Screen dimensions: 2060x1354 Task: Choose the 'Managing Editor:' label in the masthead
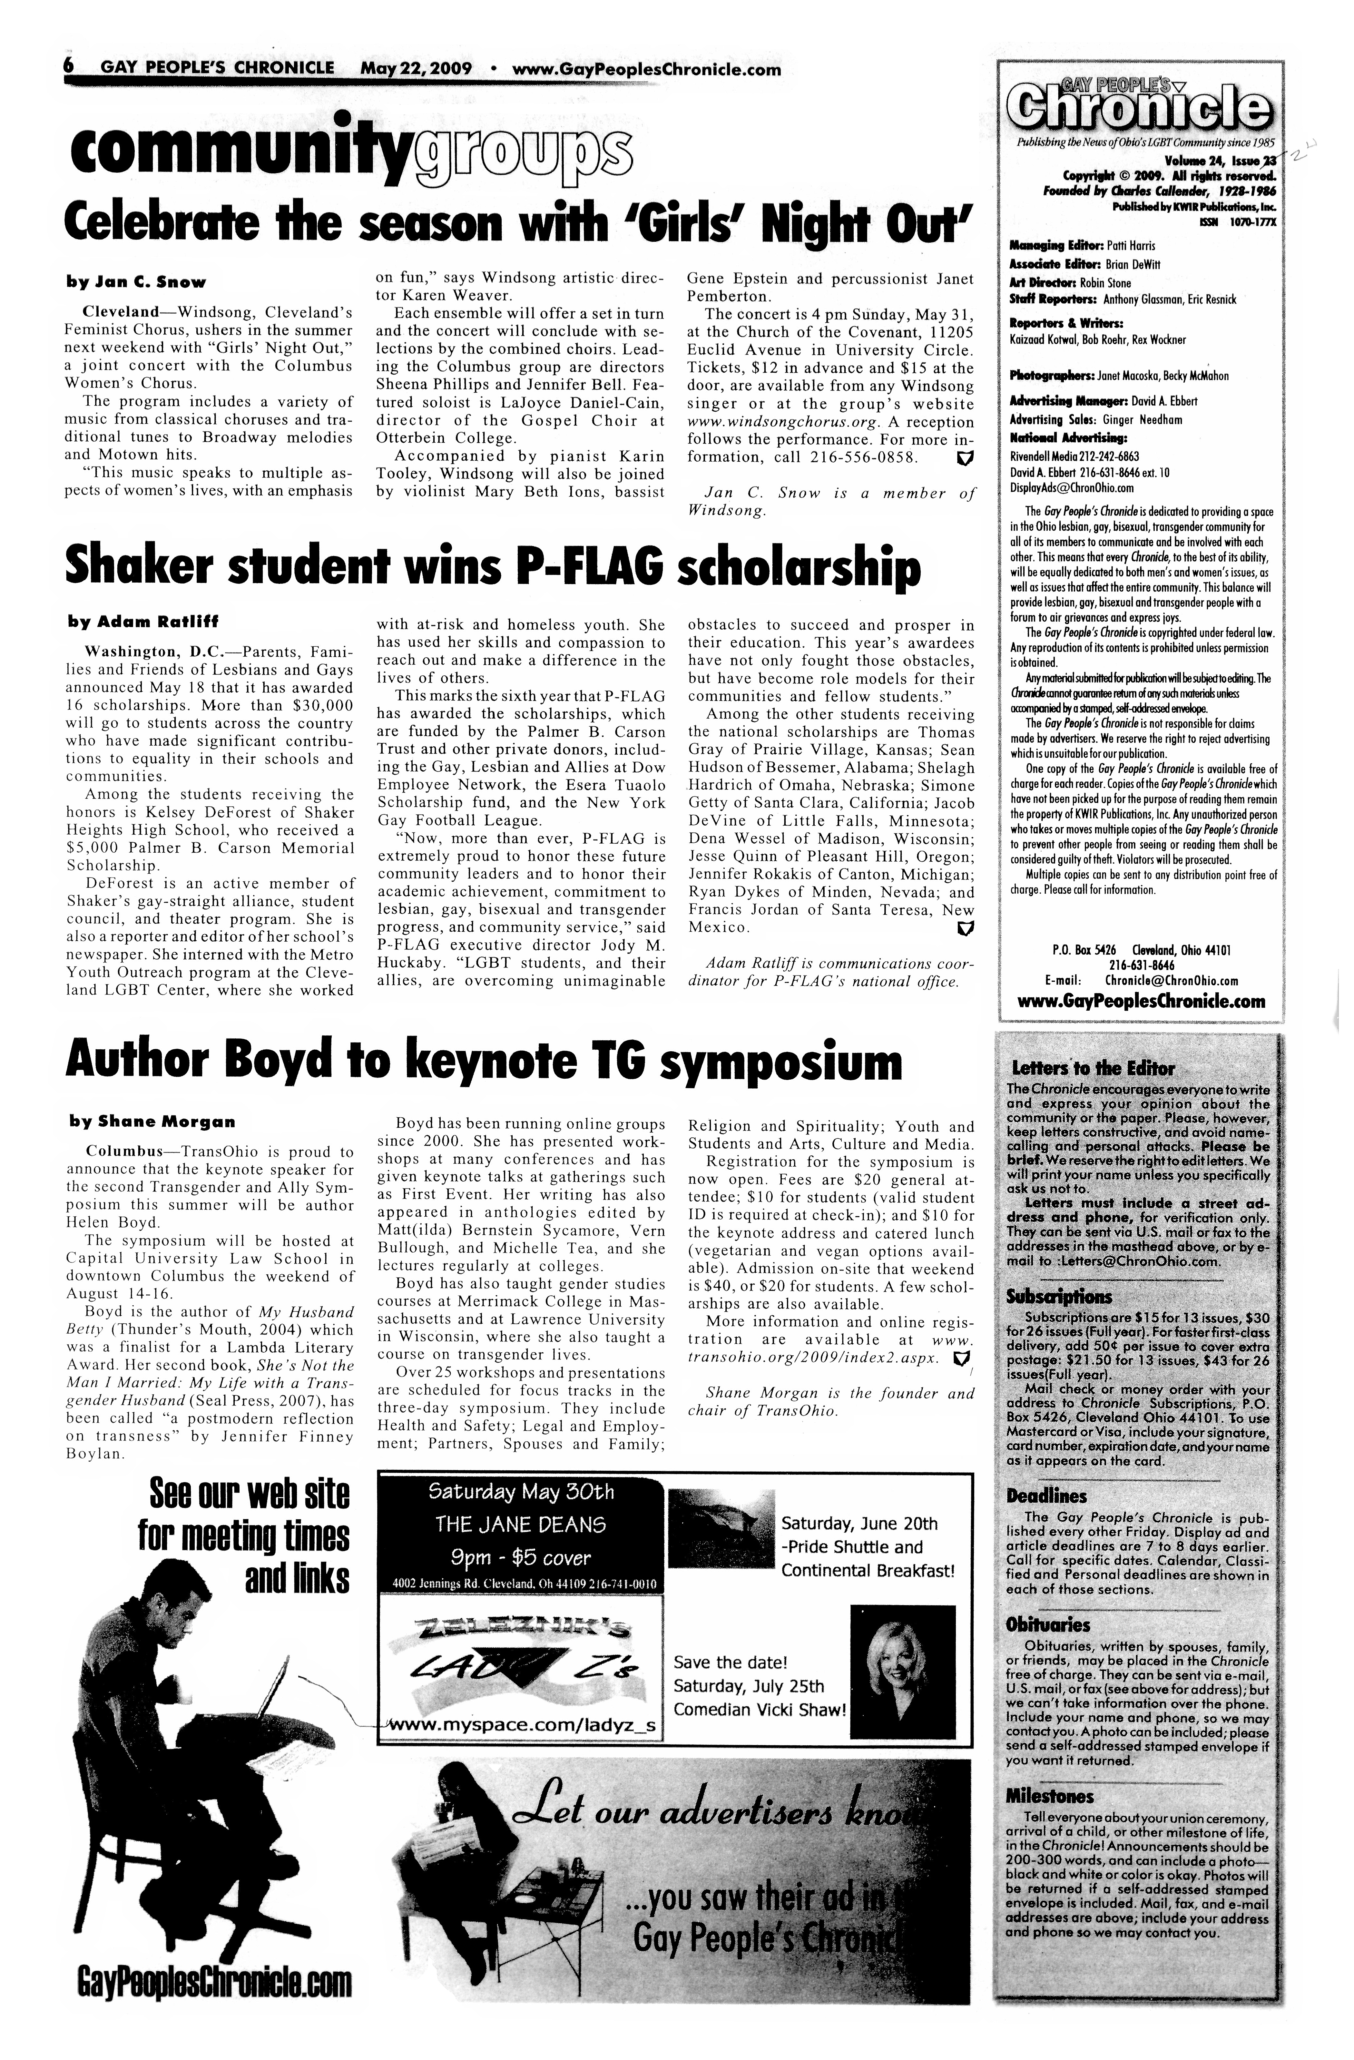pyautogui.click(x=1044, y=246)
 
